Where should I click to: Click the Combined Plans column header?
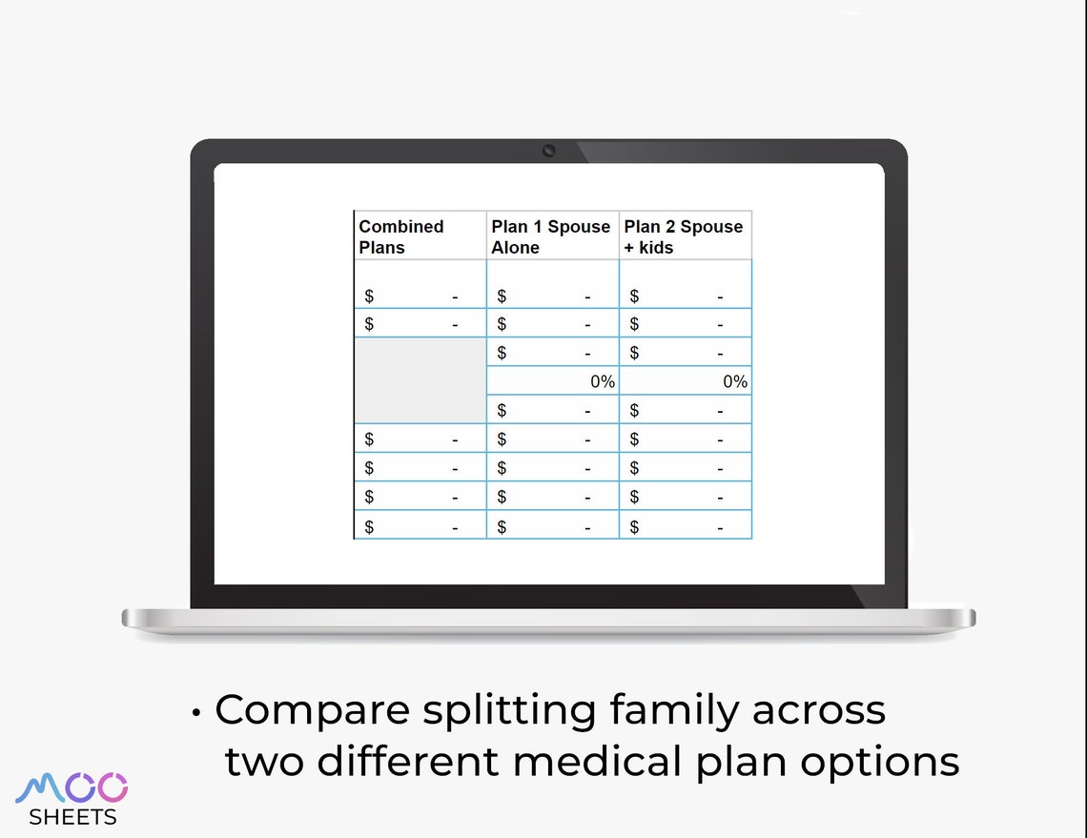click(401, 236)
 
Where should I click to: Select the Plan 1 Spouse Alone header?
click(550, 236)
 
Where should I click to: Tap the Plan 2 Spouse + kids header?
click(683, 236)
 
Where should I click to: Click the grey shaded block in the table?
click(420, 380)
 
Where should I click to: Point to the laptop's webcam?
click(549, 151)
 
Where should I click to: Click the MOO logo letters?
click(72, 788)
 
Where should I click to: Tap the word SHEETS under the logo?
click(73, 817)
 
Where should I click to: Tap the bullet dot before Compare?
click(196, 712)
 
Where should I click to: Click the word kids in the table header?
click(656, 248)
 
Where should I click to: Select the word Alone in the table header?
click(515, 248)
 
